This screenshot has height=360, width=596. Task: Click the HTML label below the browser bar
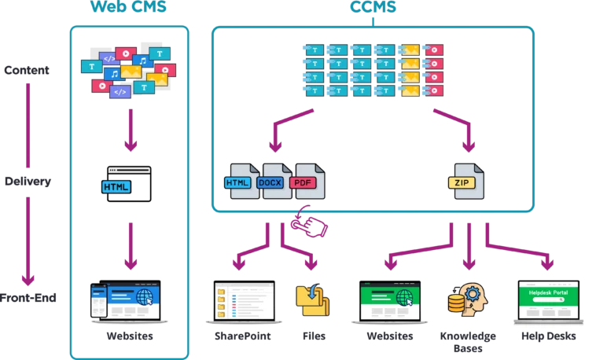click(116, 187)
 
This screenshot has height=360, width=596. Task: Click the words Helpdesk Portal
click(548, 292)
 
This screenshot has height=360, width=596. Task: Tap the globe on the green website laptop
click(406, 299)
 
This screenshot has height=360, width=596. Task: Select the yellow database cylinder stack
click(454, 303)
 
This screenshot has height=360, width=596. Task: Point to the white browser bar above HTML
click(129, 169)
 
